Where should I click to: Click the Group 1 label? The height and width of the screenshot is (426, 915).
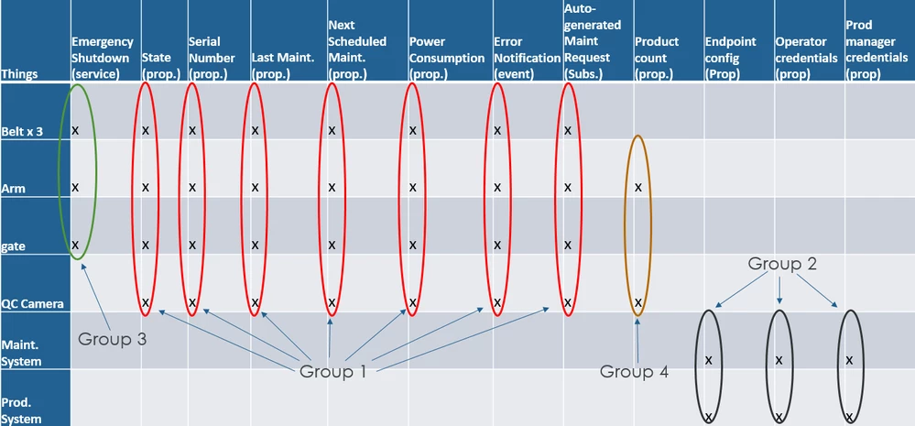coord(332,371)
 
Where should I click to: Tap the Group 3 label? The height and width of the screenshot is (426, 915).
coord(112,339)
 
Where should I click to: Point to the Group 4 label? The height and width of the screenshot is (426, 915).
coord(635,371)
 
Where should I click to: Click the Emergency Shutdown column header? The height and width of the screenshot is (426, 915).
coord(103,58)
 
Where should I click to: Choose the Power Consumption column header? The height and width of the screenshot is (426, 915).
coord(447,58)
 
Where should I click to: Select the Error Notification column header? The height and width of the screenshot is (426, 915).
coord(527,58)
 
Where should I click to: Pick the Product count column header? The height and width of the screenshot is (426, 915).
coord(657,58)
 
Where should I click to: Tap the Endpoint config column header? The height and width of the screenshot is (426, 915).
coord(731,58)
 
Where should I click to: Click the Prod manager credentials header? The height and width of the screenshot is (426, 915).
coord(877,49)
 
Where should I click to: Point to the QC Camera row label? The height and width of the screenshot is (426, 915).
coord(33,304)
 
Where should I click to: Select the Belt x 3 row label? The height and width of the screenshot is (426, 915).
coord(22,132)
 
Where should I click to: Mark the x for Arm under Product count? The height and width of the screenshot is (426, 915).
coord(637,187)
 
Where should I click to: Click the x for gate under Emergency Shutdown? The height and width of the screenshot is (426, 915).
coord(75,245)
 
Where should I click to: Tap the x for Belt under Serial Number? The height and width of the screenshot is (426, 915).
coord(192,130)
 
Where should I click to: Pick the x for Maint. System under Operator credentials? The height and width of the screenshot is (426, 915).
coord(779,360)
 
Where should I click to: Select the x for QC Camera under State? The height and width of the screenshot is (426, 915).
coord(146,302)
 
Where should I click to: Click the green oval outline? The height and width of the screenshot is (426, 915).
coord(59,172)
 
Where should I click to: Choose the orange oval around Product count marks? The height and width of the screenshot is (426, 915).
coord(625,226)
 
